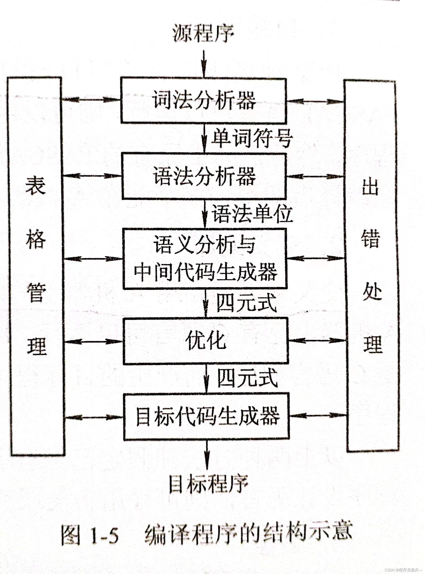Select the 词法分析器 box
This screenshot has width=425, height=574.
pos(204,100)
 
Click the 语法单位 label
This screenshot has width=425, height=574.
pos(252,214)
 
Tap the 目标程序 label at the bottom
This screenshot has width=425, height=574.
pos(208,484)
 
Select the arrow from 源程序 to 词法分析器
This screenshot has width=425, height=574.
pos(204,64)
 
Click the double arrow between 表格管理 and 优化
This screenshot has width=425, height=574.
pos(93,342)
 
